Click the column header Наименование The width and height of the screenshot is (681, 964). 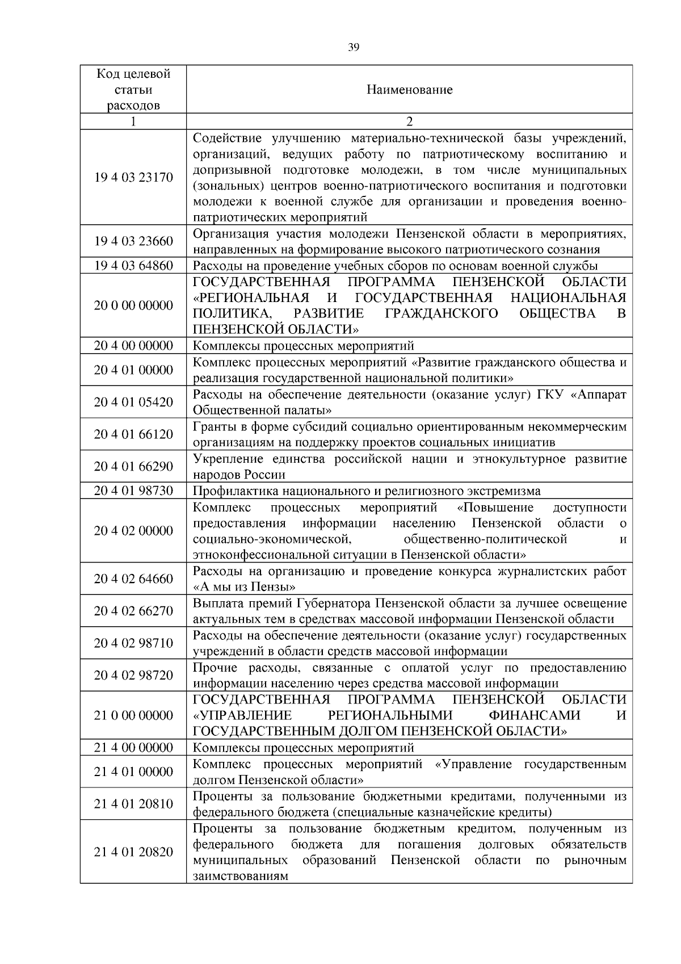[409, 90]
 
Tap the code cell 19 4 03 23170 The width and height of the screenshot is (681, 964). [133, 177]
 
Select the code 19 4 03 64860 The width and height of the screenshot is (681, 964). [133, 266]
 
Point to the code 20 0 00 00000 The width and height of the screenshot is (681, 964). [133, 305]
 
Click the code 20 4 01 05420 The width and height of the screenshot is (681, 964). [133, 402]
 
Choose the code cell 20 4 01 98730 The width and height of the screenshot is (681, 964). [133, 491]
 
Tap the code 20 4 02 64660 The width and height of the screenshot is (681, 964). [133, 579]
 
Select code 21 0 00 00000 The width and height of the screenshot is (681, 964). [133, 715]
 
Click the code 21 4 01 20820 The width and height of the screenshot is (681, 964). [133, 852]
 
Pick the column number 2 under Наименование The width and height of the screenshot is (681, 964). [409, 121]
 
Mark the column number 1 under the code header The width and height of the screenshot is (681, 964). [133, 121]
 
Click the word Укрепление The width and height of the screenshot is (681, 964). [225, 459]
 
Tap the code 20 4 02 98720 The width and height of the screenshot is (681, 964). [133, 675]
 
